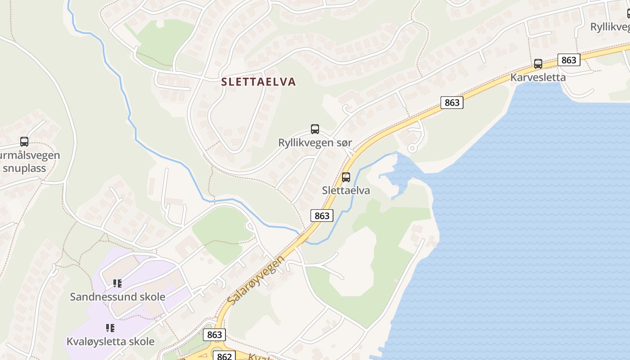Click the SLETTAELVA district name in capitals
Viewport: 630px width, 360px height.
point(259,82)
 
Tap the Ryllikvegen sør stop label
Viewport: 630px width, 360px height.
point(315,143)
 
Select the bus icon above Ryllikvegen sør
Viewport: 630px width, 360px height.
point(315,129)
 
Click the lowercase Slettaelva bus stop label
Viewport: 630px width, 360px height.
point(346,190)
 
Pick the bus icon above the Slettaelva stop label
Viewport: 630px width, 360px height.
point(346,177)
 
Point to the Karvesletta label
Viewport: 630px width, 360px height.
point(538,77)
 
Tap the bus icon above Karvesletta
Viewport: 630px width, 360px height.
point(538,64)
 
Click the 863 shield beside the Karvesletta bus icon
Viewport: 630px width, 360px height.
point(569,60)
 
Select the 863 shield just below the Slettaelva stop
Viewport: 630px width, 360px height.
point(322,216)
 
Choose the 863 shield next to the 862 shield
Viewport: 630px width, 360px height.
point(215,335)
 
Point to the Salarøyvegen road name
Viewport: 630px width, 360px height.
point(256,280)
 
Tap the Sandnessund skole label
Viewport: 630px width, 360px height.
point(117,297)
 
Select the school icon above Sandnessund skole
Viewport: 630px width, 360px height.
point(117,283)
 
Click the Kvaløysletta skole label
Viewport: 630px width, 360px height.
point(110,342)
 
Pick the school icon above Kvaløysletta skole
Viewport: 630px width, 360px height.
point(110,328)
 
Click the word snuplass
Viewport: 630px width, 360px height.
point(24,168)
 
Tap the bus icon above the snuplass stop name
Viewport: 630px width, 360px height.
point(24,142)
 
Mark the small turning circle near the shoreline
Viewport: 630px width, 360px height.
point(411,148)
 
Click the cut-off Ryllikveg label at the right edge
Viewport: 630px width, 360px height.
point(610,27)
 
